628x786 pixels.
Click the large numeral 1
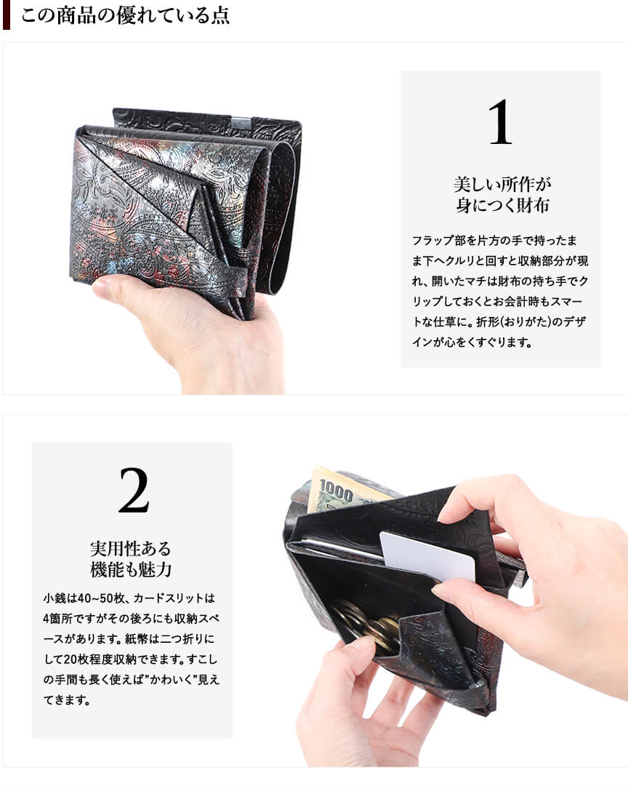(x=500, y=122)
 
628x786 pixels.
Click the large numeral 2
(x=134, y=490)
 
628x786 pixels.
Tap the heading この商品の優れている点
(x=125, y=15)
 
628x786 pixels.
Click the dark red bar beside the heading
(x=6, y=15)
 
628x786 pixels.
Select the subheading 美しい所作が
(x=502, y=184)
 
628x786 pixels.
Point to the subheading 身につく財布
(x=502, y=205)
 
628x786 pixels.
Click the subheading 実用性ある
(x=131, y=548)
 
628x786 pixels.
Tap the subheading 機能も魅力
(x=131, y=569)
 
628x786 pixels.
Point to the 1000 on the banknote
(x=336, y=492)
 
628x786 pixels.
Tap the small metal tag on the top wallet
(x=240, y=121)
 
